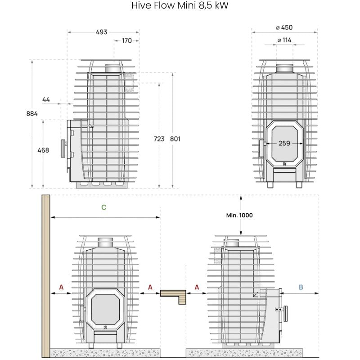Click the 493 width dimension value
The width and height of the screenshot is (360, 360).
tap(102, 32)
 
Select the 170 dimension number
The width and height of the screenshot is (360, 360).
tap(127, 40)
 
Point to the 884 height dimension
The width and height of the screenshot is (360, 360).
tap(31, 113)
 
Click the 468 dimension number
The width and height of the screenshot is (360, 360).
tap(43, 150)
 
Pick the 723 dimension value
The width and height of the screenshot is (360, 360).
tap(159, 139)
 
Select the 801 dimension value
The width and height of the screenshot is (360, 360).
tap(175, 139)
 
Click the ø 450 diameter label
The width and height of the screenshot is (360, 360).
tap(284, 27)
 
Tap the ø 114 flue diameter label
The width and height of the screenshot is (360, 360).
tap(284, 40)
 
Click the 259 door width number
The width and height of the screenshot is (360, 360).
tap(284, 143)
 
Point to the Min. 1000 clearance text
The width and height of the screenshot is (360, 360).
tap(239, 215)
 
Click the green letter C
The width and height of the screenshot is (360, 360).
tap(104, 207)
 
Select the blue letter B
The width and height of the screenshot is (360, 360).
tap(301, 286)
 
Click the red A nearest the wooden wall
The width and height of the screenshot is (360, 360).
tap(61, 287)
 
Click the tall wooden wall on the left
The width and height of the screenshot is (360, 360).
tap(45, 274)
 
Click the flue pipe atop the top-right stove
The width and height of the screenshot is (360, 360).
tap(284, 68)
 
